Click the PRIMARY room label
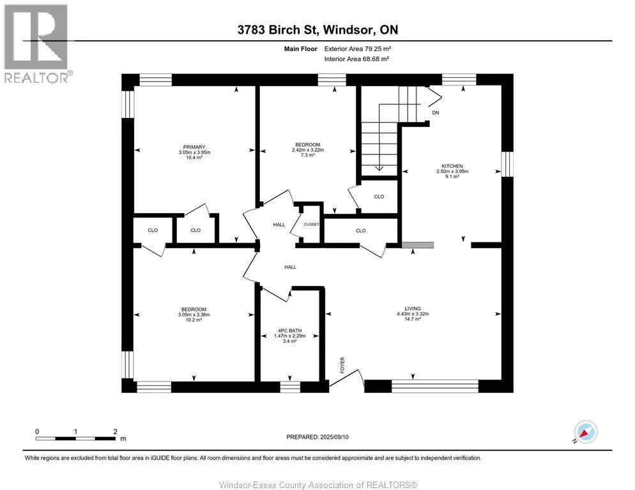point(194,147)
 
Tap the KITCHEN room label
point(452,166)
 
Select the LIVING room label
point(413,308)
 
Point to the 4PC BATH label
point(290,330)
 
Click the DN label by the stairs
point(436,113)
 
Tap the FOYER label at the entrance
point(342,365)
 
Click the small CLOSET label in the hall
point(311,224)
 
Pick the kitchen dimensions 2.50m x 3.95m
point(452,171)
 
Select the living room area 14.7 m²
point(413,319)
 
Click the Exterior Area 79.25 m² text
point(358,48)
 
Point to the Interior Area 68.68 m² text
point(356,59)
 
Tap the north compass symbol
point(586,432)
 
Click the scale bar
point(75,438)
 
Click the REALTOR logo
point(36,43)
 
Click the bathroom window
point(290,387)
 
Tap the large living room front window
point(435,386)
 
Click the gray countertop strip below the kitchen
point(418,245)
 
